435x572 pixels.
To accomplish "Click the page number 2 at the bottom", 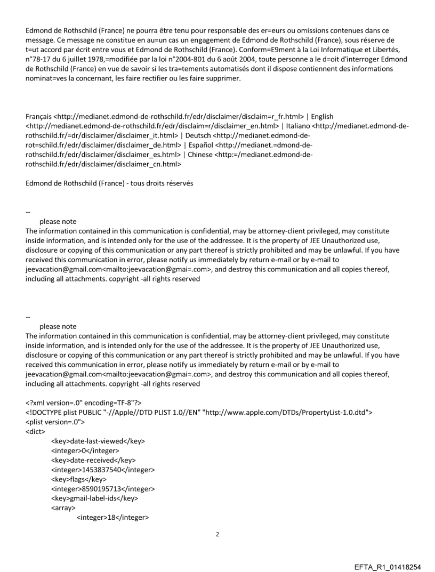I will (x=217, y=534).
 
